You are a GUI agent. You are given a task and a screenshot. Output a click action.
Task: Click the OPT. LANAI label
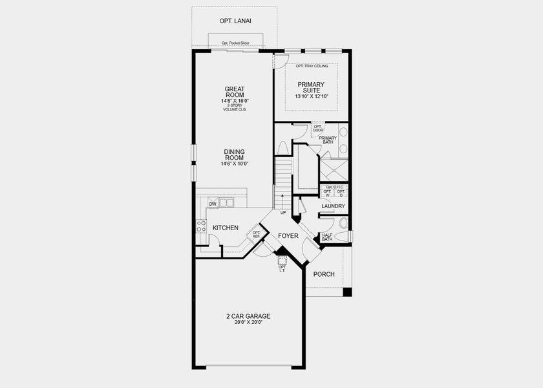[235, 21]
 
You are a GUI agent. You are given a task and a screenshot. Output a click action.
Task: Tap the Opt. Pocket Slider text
[235, 43]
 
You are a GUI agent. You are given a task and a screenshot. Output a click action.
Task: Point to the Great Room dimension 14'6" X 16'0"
[235, 101]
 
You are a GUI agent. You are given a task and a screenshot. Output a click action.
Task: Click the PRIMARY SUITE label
[311, 88]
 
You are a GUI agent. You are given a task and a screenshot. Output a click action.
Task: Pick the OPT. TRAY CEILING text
[312, 66]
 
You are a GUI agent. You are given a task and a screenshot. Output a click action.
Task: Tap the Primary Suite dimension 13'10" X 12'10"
[312, 96]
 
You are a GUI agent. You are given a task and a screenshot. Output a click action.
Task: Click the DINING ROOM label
[234, 155]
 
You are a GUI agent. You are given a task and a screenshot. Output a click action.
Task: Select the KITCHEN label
[226, 228]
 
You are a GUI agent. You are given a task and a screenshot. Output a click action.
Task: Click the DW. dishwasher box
[212, 204]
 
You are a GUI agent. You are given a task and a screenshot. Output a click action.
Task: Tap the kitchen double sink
[227, 203]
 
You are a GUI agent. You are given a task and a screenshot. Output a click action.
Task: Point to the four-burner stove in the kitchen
[201, 226]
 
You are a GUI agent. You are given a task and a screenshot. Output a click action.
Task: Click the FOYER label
[288, 236]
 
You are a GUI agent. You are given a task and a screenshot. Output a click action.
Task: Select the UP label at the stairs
[282, 212]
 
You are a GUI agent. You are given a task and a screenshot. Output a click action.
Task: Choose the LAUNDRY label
[333, 206]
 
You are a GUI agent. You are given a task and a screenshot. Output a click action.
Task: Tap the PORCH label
[324, 274]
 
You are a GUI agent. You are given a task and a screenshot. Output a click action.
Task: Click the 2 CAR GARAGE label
[248, 316]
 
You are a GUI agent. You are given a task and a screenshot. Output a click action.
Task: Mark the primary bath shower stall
[334, 169]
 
